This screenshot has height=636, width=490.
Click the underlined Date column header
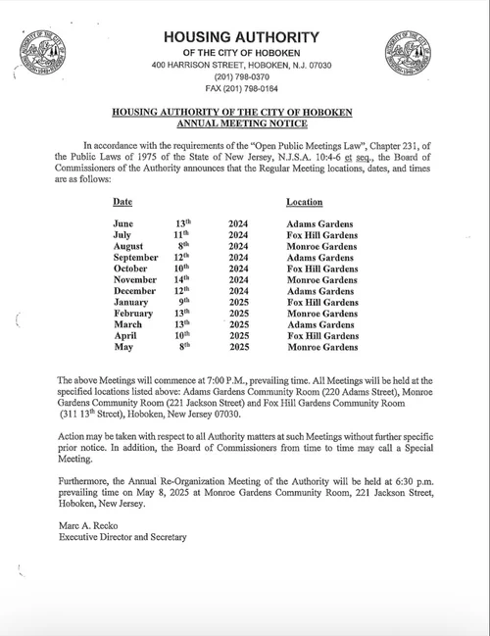(122, 201)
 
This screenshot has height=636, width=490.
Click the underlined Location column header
(305, 201)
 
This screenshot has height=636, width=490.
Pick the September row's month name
(135, 259)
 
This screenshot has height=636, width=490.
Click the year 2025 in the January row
(238, 304)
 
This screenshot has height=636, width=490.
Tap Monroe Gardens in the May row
(321, 347)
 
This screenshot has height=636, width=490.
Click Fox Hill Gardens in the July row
(321, 236)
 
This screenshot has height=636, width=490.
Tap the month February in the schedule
(132, 314)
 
